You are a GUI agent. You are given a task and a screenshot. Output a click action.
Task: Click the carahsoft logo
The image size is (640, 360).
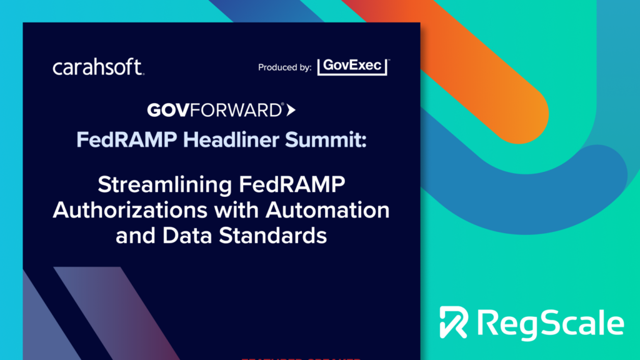99,67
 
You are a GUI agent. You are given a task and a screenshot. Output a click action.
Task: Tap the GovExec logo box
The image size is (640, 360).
353,67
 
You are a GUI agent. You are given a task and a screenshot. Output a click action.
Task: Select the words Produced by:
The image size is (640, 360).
284,67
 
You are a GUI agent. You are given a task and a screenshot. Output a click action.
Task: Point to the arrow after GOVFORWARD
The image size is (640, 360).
291,111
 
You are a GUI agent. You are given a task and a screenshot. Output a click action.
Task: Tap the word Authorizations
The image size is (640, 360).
129,211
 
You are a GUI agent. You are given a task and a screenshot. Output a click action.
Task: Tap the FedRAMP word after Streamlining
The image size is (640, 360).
302,186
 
